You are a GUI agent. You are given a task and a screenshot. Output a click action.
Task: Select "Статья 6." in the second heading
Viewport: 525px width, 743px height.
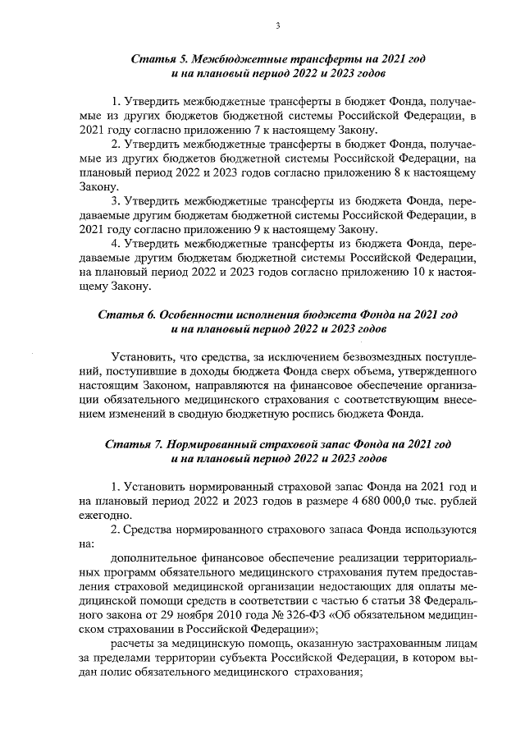point(123,315)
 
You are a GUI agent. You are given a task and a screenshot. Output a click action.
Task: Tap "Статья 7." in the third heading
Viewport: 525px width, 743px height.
point(131,443)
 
